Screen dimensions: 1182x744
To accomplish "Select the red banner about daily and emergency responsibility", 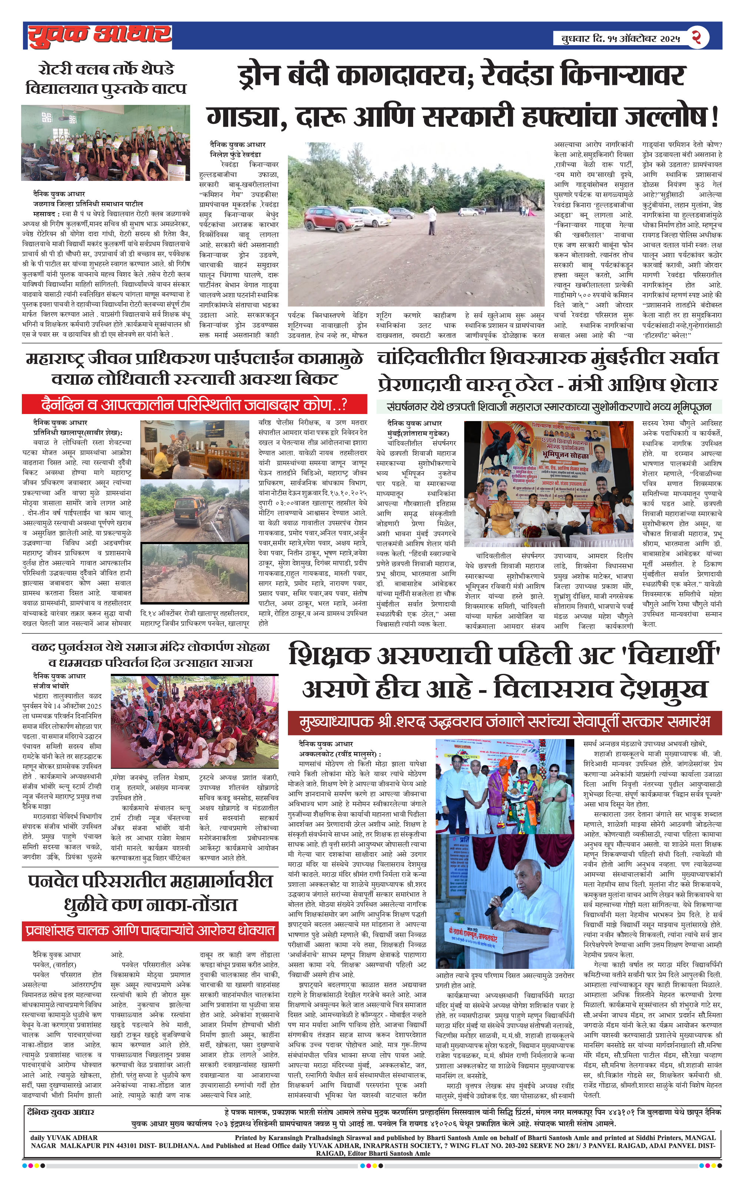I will coord(195,404).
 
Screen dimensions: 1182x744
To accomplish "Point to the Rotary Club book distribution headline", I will coord(106,79).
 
